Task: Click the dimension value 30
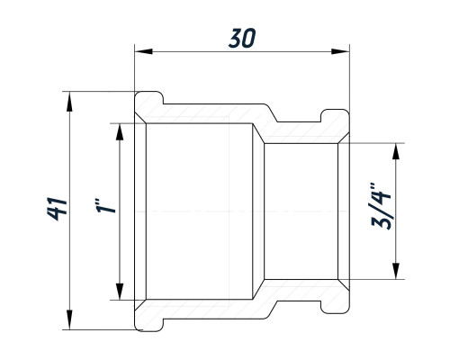click(x=242, y=38)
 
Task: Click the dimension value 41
click(x=57, y=209)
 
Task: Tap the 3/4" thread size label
click(x=382, y=206)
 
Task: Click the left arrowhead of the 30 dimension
click(x=143, y=51)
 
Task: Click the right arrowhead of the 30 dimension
click(x=340, y=51)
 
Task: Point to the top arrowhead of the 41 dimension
click(x=69, y=101)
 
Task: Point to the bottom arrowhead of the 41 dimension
click(x=69, y=320)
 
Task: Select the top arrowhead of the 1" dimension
click(x=120, y=132)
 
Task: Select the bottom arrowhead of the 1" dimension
click(x=120, y=291)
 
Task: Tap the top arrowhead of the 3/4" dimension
click(x=396, y=152)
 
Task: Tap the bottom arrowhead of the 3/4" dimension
click(x=396, y=271)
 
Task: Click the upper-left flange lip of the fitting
click(x=148, y=98)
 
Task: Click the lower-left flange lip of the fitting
click(x=148, y=325)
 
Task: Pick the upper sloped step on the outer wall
click(x=271, y=113)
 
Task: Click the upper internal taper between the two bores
click(x=258, y=133)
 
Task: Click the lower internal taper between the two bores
click(x=258, y=290)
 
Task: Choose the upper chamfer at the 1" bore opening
click(x=140, y=118)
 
